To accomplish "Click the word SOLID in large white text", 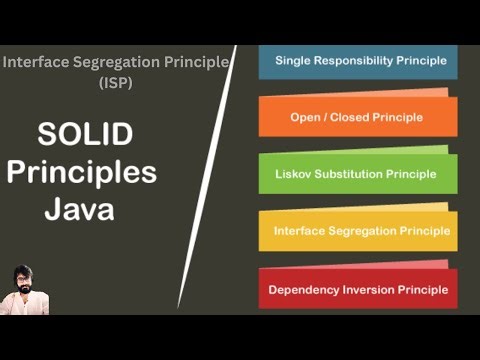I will click(x=84, y=134).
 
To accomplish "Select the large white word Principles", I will click(x=82, y=172).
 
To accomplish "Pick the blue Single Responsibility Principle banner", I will click(x=357, y=61).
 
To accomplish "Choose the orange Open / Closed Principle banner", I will click(x=357, y=117).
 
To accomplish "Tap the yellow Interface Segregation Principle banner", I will click(x=357, y=231).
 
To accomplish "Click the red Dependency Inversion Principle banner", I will click(x=357, y=289).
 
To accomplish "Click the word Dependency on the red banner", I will click(x=303, y=290).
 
